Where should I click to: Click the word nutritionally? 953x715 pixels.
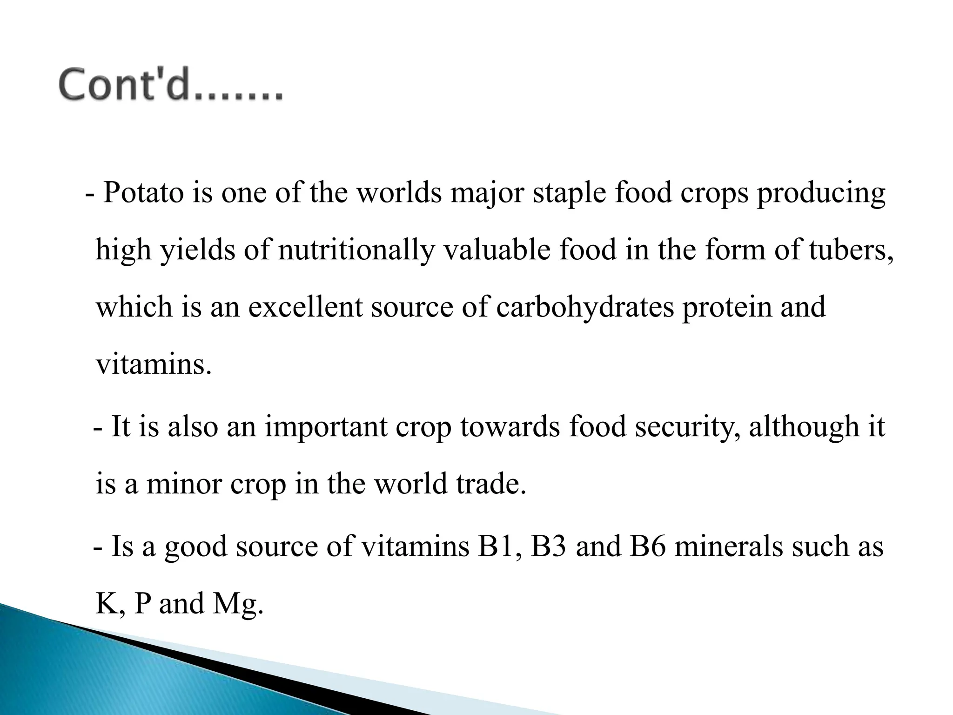coord(356,250)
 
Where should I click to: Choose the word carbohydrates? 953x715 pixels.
coord(585,307)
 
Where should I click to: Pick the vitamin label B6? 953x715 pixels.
coord(647,546)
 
